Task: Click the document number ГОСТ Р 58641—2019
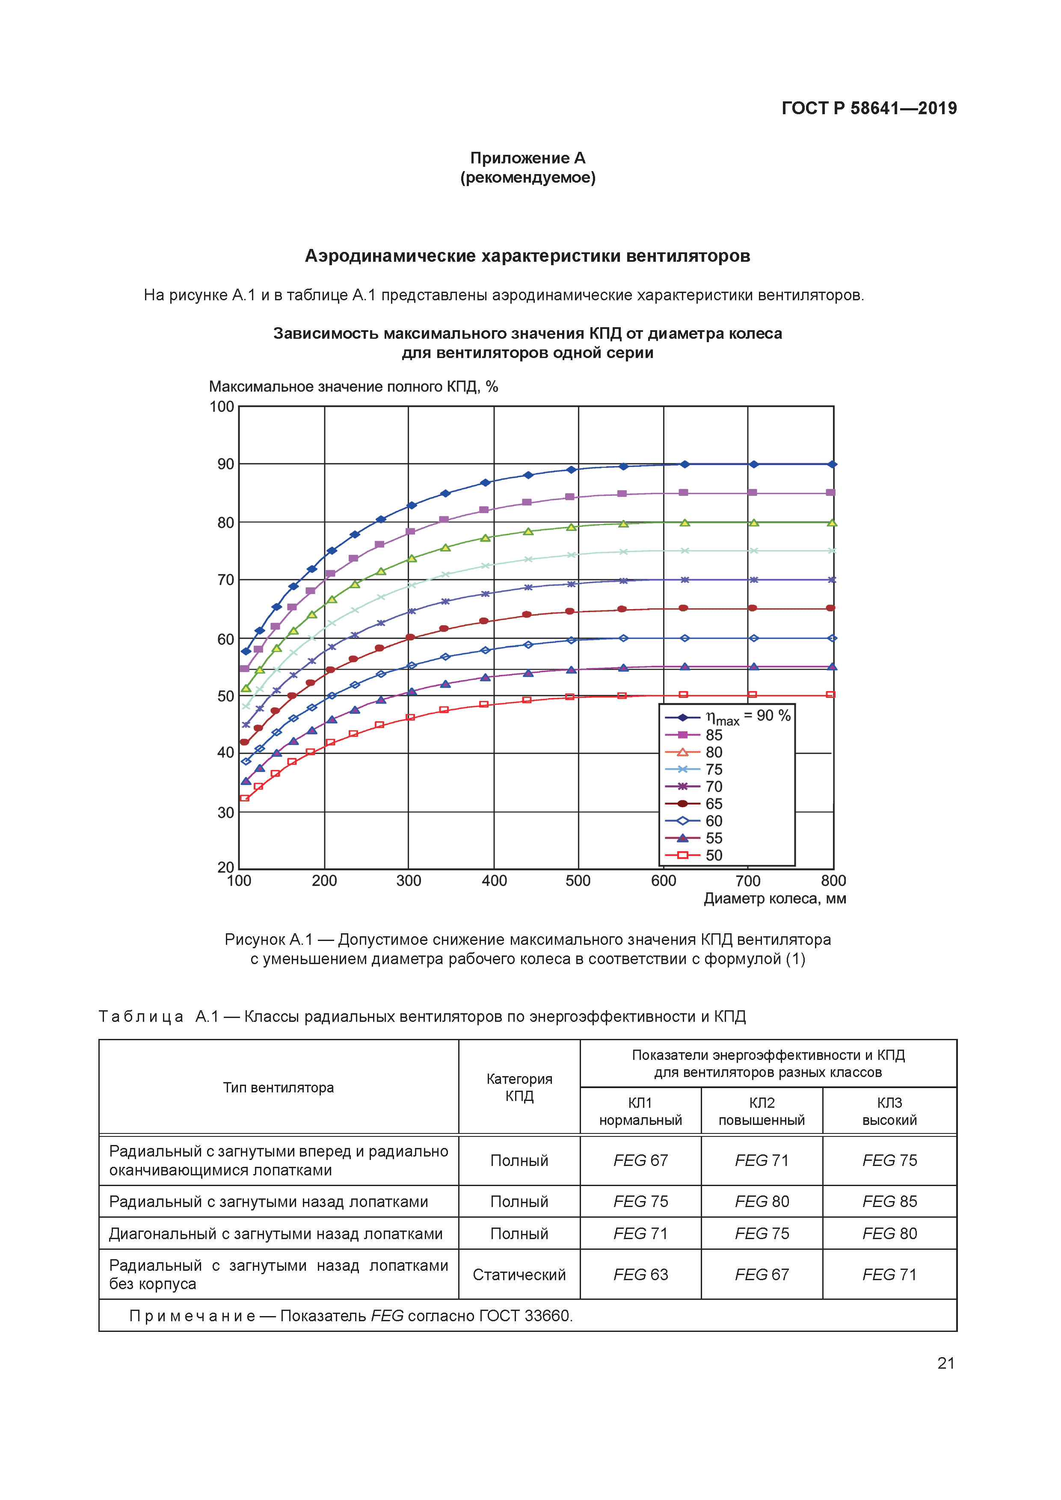868,109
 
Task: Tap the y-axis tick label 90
225,464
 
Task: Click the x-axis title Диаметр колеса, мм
774,899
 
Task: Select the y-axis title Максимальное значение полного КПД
353,387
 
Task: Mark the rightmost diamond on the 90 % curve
832,464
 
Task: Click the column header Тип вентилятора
279,1088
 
